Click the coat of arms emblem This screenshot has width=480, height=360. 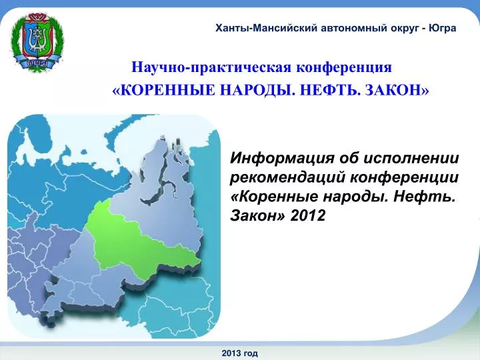(37, 42)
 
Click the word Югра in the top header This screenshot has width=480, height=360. (443, 28)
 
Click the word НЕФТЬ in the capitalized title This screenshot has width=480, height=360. (329, 90)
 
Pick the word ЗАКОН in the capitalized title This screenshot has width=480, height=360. (394, 90)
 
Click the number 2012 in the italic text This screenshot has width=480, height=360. (307, 215)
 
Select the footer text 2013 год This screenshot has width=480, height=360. (240, 353)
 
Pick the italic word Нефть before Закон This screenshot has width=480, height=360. (425, 197)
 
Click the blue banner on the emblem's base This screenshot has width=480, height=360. (37, 63)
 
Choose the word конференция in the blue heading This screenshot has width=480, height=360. (344, 67)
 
